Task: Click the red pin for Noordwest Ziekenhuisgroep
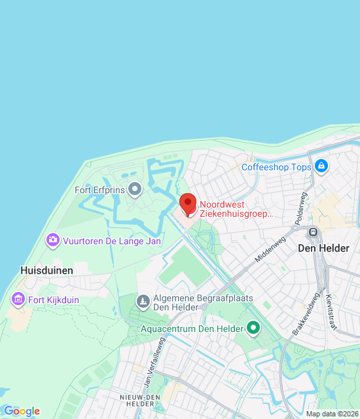tap(188, 204)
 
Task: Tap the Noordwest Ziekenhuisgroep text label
tap(236, 209)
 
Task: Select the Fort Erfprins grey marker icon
tap(135, 191)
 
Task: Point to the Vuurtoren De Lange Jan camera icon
tap(53, 241)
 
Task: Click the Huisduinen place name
tap(46, 270)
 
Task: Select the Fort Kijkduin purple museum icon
tap(18, 300)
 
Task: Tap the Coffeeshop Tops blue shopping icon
tap(321, 167)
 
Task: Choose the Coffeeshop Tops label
tap(276, 167)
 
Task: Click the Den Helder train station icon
tap(314, 232)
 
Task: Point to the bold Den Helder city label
tap(323, 248)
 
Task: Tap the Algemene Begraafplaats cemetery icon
tap(143, 301)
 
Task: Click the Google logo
tap(22, 411)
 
